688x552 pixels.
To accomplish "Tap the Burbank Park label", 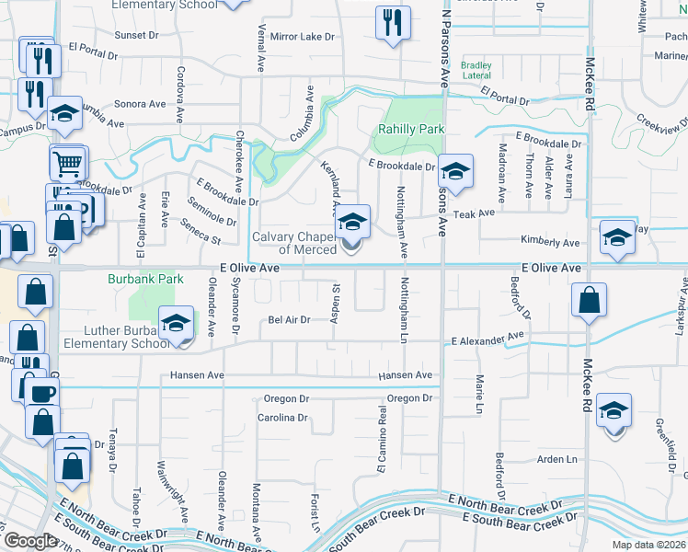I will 143,278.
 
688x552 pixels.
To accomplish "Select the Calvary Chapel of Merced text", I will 295,243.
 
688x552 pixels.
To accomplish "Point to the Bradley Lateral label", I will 476,70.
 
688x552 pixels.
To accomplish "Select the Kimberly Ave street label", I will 549,243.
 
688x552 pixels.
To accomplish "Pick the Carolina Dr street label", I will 281,418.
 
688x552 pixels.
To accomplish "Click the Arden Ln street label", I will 557,459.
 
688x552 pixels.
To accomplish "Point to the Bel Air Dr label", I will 289,319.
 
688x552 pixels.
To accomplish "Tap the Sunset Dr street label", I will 136,35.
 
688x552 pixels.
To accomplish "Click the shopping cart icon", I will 67,164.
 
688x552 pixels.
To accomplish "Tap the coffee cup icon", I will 41,395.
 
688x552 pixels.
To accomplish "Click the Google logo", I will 29,540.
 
